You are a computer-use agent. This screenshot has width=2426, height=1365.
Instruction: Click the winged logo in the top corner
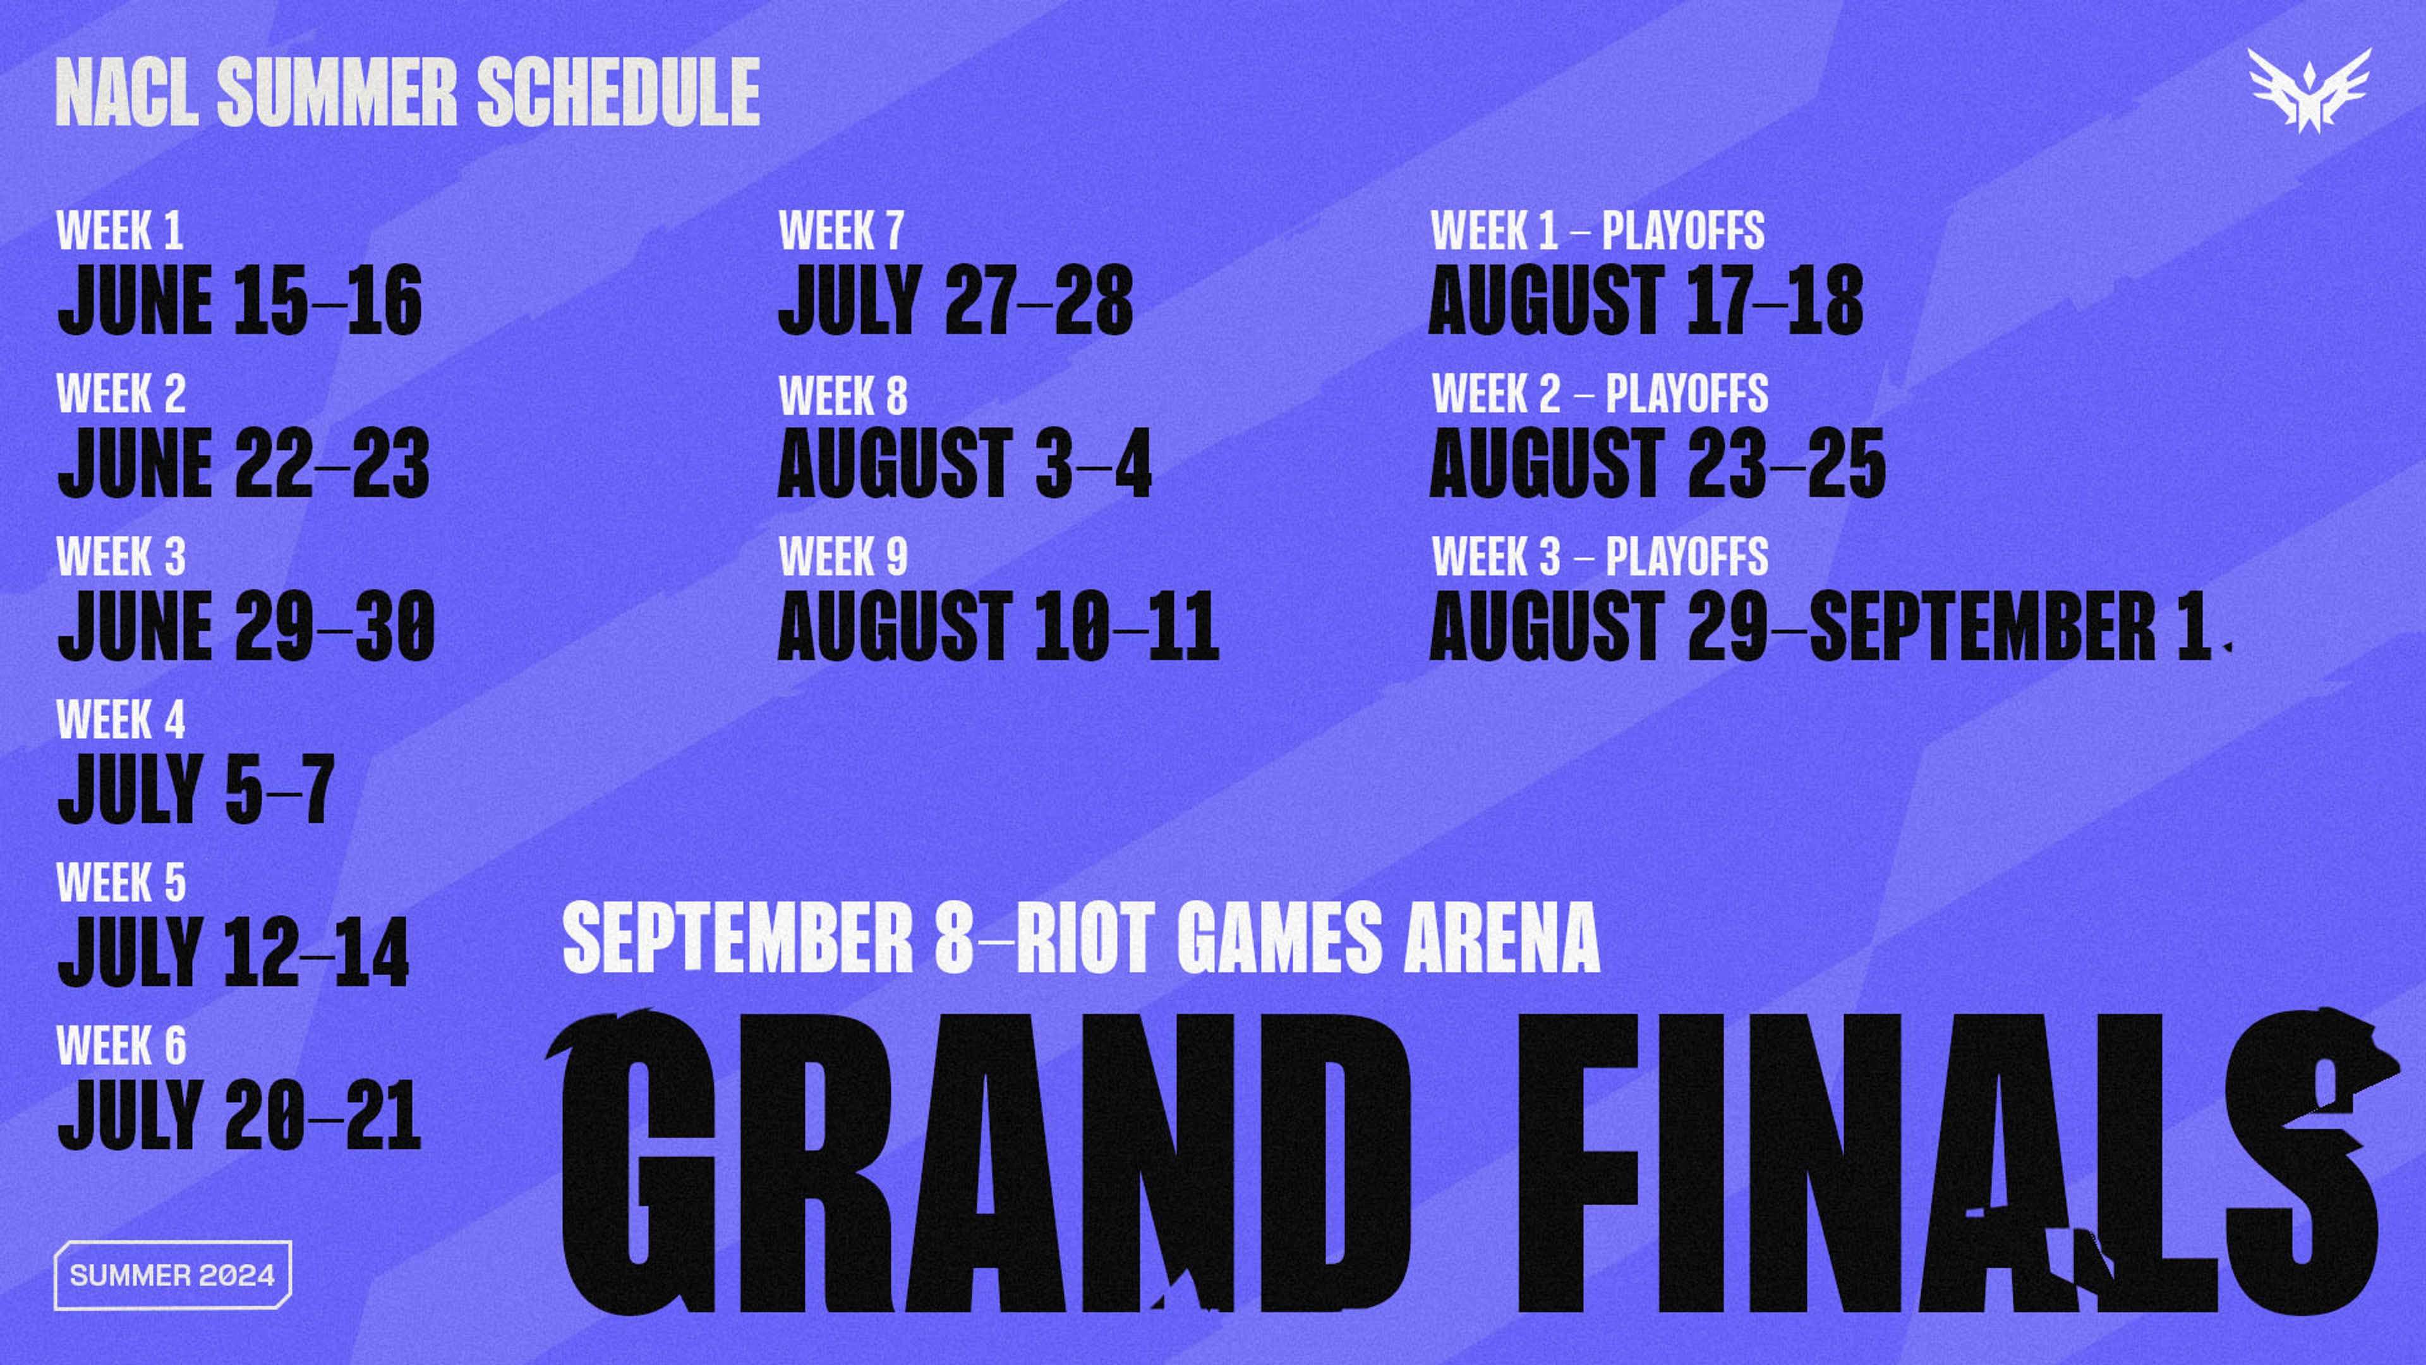click(x=2308, y=90)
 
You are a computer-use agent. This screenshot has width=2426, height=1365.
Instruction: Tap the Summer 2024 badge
click(x=172, y=1275)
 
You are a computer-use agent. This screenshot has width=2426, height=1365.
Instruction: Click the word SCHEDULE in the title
click(x=619, y=92)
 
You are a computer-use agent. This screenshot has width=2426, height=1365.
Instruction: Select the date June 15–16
click(x=240, y=300)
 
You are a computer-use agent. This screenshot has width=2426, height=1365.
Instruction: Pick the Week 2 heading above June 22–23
click(x=121, y=394)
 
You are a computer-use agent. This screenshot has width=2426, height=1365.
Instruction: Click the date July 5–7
click(x=196, y=789)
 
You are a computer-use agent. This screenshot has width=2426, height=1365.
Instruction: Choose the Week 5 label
click(x=121, y=883)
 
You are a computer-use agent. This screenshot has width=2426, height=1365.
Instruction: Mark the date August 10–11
click(x=998, y=626)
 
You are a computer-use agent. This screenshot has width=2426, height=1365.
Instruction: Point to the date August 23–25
click(x=1658, y=463)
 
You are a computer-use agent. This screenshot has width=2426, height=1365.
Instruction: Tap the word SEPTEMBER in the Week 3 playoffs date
click(x=1982, y=626)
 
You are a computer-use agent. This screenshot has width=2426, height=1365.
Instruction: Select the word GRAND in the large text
click(x=979, y=1163)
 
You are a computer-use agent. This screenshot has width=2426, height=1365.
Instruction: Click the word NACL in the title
click(x=127, y=92)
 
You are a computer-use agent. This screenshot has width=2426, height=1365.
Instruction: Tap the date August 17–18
click(x=1646, y=300)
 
